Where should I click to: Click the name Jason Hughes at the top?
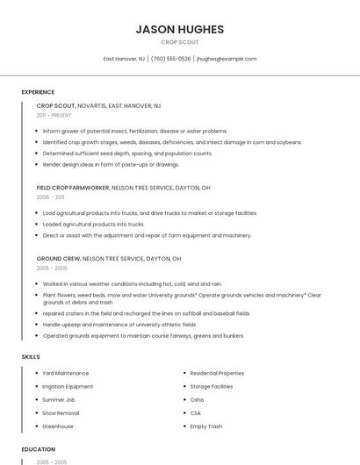pyautogui.click(x=180, y=29)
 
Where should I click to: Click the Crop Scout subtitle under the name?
pyautogui.click(x=180, y=42)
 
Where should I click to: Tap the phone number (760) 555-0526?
pyautogui.click(x=170, y=59)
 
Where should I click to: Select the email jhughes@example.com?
pyautogui.click(x=227, y=59)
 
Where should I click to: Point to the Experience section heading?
pyautogui.click(x=38, y=92)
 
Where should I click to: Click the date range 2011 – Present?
pyautogui.click(x=54, y=115)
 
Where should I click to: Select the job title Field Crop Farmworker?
pyautogui.click(x=73, y=188)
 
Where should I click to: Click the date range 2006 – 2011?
pyautogui.click(x=50, y=197)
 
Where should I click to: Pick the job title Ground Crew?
pyautogui.click(x=58, y=259)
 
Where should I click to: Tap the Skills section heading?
pyautogui.click(x=31, y=357)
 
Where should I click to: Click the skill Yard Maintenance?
pyautogui.click(x=65, y=373)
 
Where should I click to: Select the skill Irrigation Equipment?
pyautogui.click(x=68, y=386)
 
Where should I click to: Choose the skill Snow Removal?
pyautogui.click(x=61, y=412)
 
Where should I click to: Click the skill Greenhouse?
pyautogui.click(x=58, y=426)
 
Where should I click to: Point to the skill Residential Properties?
pyautogui.click(x=217, y=373)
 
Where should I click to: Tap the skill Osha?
pyautogui.click(x=197, y=399)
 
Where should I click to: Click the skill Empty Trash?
pyautogui.click(x=205, y=426)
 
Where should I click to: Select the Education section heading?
pyautogui.click(x=38, y=449)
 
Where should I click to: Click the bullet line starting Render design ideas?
pyautogui.click(x=111, y=164)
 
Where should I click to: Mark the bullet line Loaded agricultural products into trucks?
pyautogui.click(x=93, y=224)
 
